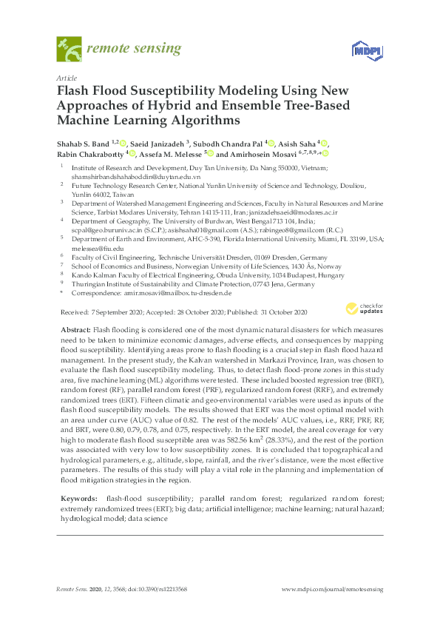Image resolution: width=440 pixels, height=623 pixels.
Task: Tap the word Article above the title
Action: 66,77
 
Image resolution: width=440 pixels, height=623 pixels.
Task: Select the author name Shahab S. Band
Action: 83,142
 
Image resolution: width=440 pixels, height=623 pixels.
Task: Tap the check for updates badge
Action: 362,309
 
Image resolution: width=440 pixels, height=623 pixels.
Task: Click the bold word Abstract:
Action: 74,328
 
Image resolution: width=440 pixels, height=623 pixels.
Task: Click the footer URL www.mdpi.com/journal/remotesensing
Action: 333,588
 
